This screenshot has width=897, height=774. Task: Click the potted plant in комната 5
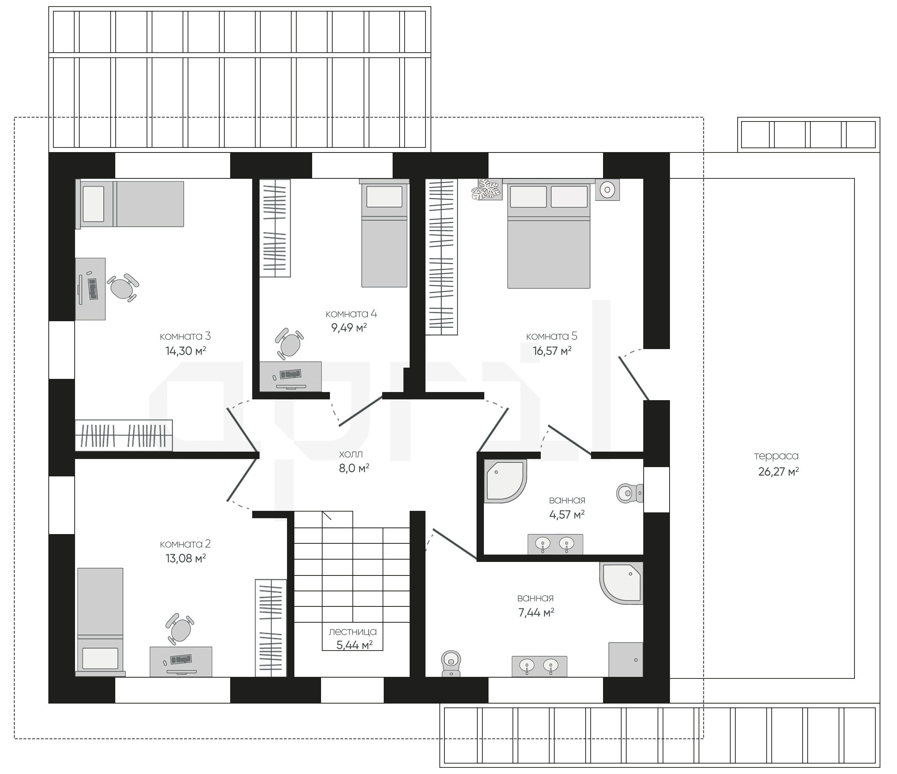click(487, 189)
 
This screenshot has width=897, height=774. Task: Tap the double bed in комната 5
click(548, 233)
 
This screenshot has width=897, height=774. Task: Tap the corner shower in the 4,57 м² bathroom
click(505, 481)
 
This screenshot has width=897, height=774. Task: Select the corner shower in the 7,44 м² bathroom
click(621, 583)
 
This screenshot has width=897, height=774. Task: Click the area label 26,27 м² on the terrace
click(778, 472)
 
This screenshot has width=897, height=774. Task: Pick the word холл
click(351, 454)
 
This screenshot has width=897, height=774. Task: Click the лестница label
click(353, 632)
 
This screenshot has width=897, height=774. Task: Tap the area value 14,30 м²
click(185, 350)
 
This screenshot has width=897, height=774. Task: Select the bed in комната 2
click(101, 622)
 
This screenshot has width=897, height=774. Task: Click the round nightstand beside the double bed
click(607, 189)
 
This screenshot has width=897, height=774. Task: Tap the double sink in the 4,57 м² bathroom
click(555, 545)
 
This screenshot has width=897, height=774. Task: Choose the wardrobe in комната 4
click(275, 228)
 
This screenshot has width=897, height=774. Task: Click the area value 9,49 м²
click(349, 327)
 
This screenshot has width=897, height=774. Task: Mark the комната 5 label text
click(552, 336)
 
